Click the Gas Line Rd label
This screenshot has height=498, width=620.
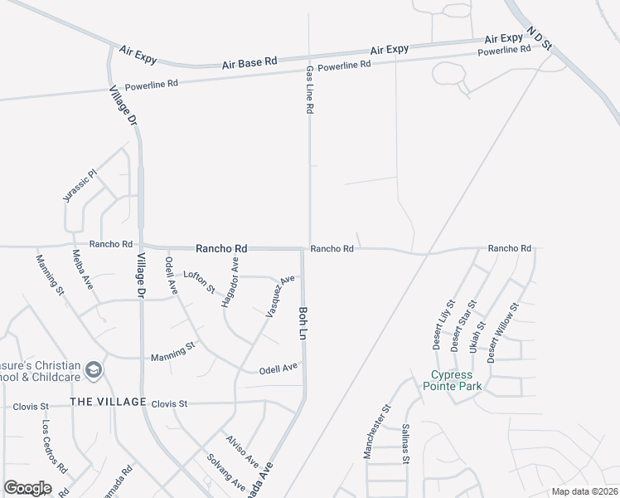pyautogui.click(x=309, y=90)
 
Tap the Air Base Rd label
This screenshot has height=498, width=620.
pyautogui.click(x=249, y=63)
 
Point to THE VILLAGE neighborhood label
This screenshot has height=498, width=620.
pyautogui.click(x=108, y=402)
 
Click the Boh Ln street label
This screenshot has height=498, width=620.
pyautogui.click(x=303, y=322)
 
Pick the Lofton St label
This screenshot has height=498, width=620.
pyautogui.click(x=199, y=281)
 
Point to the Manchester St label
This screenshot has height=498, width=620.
pyautogui.click(x=375, y=432)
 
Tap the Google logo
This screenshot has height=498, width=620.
pyautogui.click(x=27, y=488)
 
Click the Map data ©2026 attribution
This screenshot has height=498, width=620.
pyautogui.click(x=584, y=491)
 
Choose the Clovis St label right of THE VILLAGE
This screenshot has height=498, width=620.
pyautogui.click(x=170, y=404)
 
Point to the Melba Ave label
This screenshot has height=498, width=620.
pyautogui.click(x=82, y=269)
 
